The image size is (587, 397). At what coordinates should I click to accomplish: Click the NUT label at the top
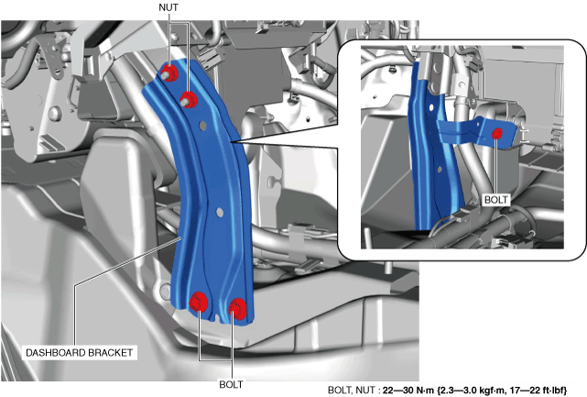pos(168,7)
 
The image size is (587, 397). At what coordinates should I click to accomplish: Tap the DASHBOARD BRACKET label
pos(79,353)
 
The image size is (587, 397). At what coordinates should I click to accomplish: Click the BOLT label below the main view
pos(231,384)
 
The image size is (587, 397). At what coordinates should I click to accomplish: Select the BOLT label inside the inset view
pos(496,200)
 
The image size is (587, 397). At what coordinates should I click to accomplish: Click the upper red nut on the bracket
pos(169,72)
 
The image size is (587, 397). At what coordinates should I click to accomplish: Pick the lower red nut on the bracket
pos(189,99)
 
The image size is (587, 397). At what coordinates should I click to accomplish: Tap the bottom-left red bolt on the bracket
pos(199,302)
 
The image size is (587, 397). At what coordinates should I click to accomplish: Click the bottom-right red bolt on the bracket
pos(237,309)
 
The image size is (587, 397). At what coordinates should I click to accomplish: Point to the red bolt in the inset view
pos(497,134)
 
